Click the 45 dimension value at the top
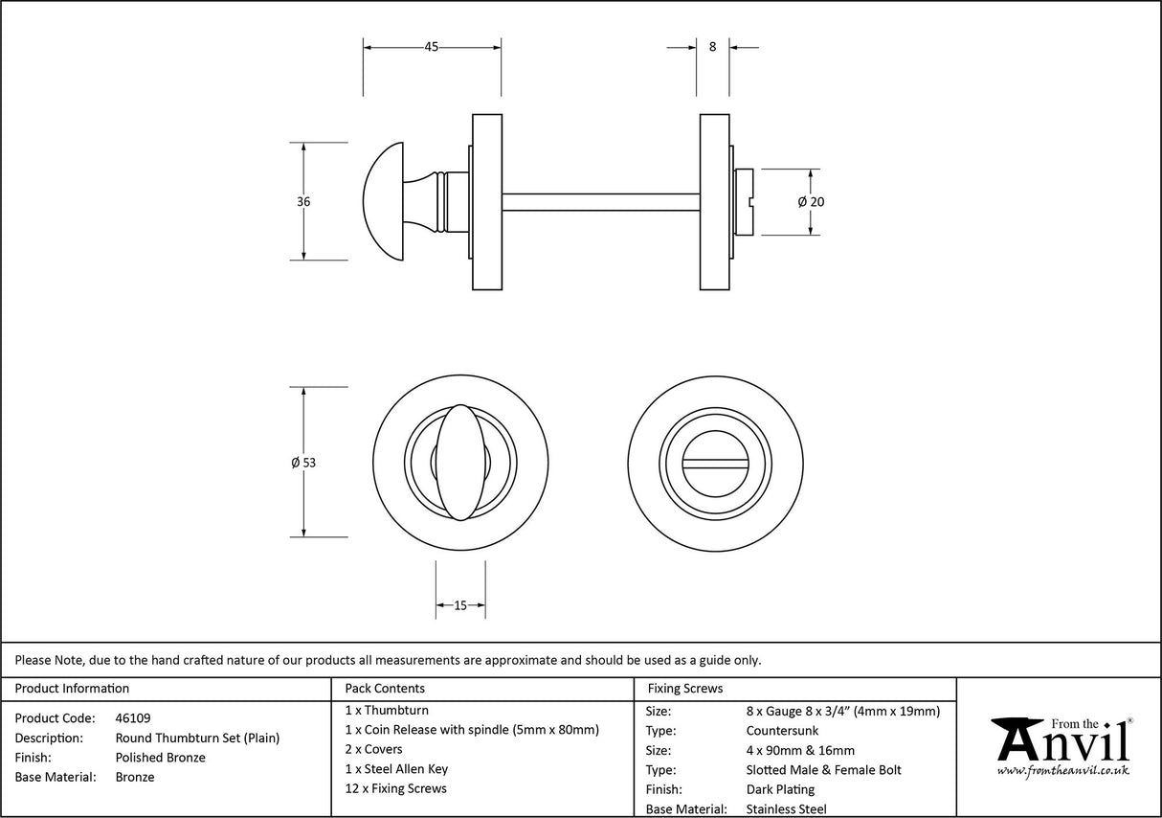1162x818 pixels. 432,47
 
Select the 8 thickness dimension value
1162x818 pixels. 712,47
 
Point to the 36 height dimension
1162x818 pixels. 303,202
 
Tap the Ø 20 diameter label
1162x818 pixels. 811,202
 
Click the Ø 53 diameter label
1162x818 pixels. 303,463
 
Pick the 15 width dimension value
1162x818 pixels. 460,605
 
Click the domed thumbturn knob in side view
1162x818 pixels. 388,202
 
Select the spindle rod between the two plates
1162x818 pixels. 600,202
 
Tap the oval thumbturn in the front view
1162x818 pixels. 459,462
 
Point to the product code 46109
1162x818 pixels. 132,717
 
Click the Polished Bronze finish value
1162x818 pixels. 160,758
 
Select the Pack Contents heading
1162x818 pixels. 385,688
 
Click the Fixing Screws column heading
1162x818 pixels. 685,688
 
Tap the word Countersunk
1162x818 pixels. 782,731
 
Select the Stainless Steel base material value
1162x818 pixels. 787,809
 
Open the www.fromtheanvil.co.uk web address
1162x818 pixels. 1062,770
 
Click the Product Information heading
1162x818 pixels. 72,688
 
